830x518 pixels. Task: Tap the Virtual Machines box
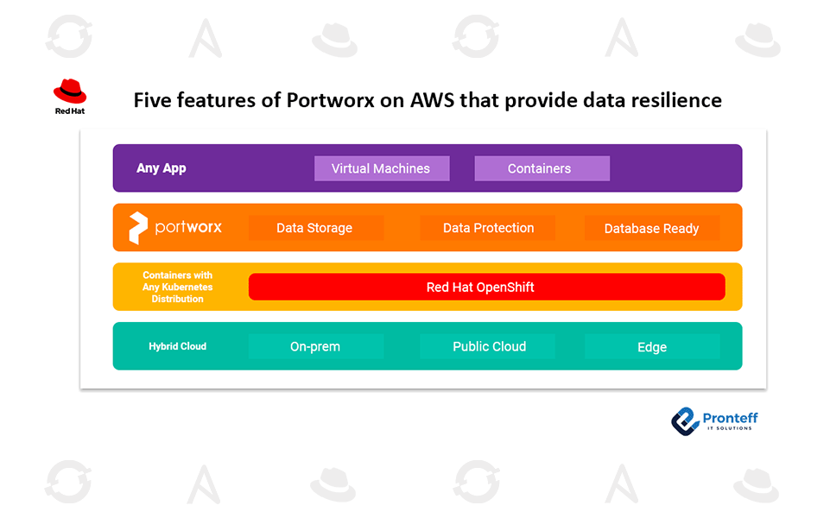[381, 168]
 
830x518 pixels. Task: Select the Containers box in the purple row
[542, 168]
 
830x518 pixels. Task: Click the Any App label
[162, 168]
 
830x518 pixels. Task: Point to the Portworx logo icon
[137, 228]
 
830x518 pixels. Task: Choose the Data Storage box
[315, 228]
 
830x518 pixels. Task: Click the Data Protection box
[488, 228]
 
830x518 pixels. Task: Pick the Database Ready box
[651, 228]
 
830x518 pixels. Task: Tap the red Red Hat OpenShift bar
[486, 287]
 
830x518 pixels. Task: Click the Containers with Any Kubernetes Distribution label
[178, 287]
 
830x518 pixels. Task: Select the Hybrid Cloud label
[178, 346]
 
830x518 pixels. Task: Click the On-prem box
[315, 346]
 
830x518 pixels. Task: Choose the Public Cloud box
[489, 346]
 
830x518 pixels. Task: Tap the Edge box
[651, 346]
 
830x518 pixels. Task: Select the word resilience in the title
[676, 100]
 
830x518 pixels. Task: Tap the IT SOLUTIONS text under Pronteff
[728, 428]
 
